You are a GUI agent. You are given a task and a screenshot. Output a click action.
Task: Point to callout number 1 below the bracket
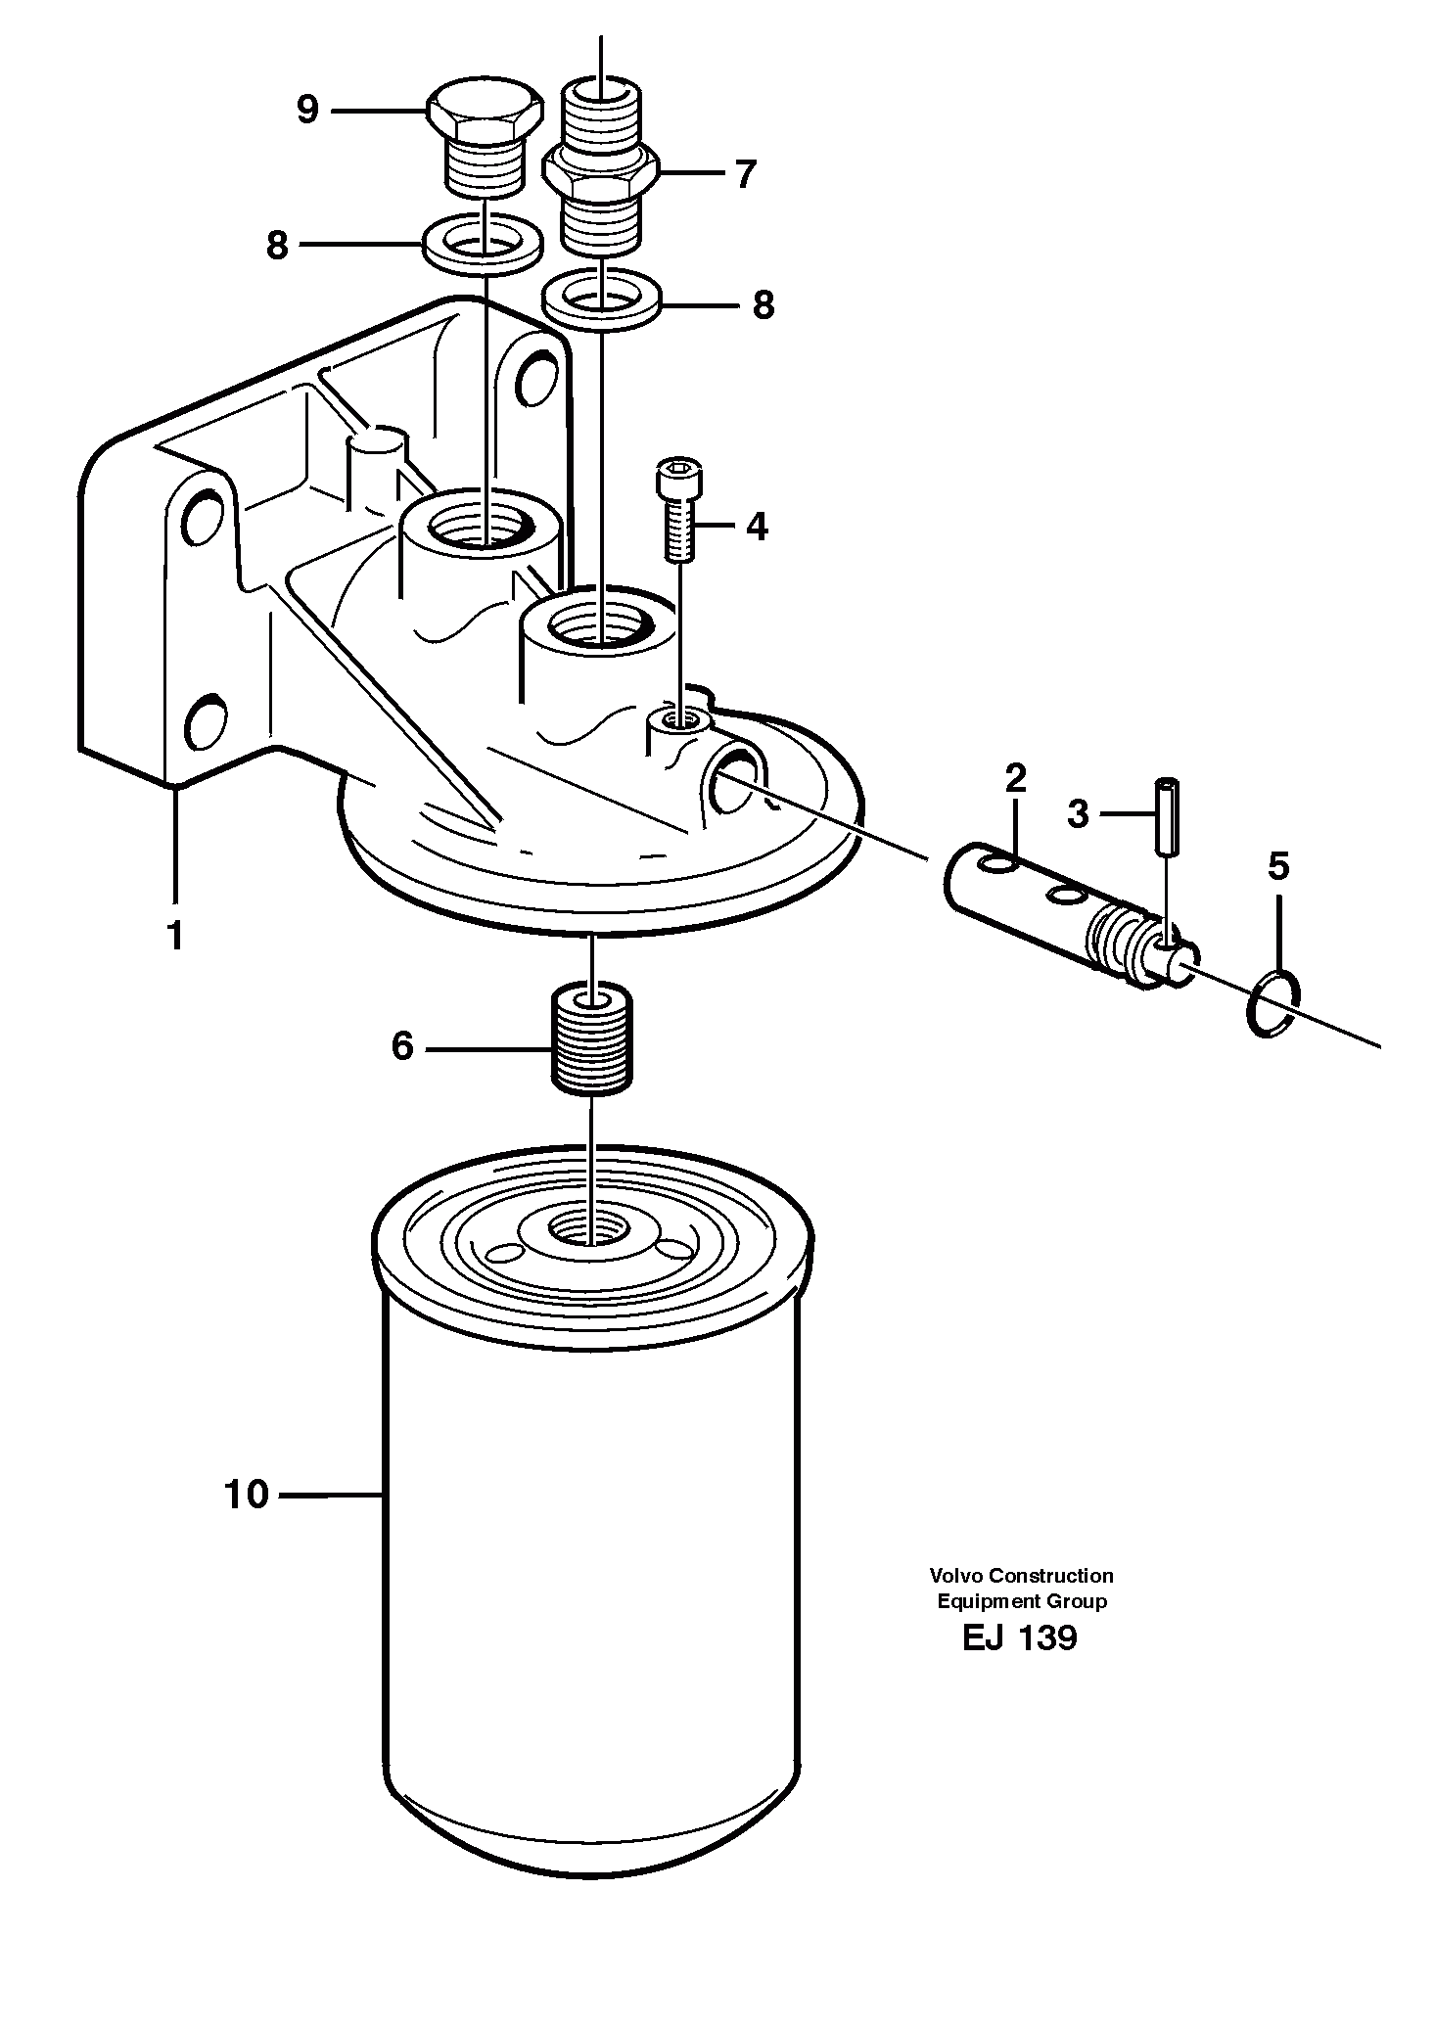tap(175, 937)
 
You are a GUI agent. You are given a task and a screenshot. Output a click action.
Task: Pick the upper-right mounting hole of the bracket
tap(534, 375)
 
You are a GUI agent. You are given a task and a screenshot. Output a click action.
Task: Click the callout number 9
tap(307, 110)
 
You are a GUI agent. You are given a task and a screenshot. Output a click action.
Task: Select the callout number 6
tap(402, 1046)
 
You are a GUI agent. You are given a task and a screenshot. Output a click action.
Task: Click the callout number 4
tap(757, 527)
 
